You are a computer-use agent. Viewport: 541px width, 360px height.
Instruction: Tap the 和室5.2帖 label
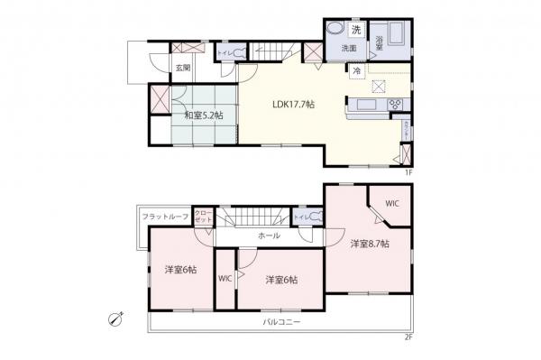pyautogui.click(x=204, y=115)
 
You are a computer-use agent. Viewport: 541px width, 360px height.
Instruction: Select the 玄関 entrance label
pyautogui.click(x=182, y=68)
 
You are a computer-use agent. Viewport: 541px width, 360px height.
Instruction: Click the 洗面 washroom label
pyautogui.click(x=349, y=48)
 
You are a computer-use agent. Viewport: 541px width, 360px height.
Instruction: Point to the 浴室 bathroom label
pyautogui.click(x=380, y=42)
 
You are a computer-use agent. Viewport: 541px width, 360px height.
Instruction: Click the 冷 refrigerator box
pyautogui.click(x=358, y=70)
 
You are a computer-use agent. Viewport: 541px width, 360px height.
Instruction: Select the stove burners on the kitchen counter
pyautogui.click(x=394, y=106)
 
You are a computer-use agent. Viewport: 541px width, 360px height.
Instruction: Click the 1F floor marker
pyautogui.click(x=408, y=172)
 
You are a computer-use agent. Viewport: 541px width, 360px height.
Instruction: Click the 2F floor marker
pyautogui.click(x=408, y=337)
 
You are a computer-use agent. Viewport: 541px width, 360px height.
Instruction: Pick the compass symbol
pyautogui.click(x=115, y=318)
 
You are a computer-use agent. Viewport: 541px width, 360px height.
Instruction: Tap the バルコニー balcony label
pyautogui.click(x=281, y=322)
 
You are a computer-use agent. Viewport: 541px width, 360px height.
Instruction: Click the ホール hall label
pyautogui.click(x=268, y=235)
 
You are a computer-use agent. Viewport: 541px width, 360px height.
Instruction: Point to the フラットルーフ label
pyautogui.click(x=163, y=217)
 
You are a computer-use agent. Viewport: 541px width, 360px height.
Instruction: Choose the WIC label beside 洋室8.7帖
pyautogui.click(x=393, y=204)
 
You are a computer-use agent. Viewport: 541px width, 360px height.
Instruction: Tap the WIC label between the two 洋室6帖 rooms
pyautogui.click(x=225, y=278)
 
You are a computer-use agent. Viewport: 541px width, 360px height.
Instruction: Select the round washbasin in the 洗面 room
pyautogui.click(x=335, y=28)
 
